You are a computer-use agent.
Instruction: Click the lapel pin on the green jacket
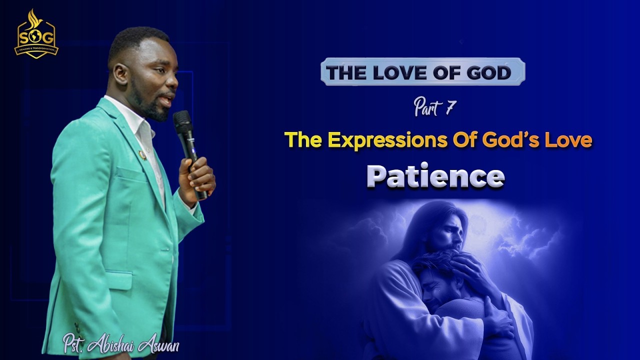point(142,154)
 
